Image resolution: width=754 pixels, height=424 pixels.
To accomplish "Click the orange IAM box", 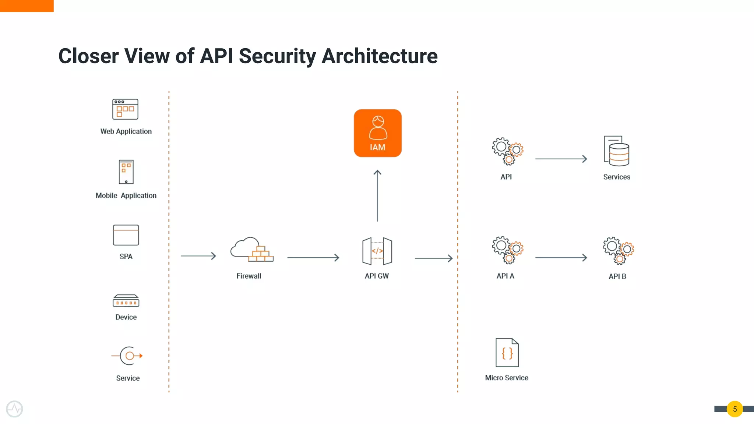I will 377,133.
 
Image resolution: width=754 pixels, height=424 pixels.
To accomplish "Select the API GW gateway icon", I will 377,251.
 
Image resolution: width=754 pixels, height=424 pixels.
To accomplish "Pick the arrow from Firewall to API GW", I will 313,258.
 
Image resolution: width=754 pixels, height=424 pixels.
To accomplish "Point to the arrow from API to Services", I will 561,159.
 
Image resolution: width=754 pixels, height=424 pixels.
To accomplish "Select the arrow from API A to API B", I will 561,258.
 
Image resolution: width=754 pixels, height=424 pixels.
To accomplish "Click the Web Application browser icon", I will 125,109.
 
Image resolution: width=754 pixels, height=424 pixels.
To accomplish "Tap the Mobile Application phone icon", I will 126,172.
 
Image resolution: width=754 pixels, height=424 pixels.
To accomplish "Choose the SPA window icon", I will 126,235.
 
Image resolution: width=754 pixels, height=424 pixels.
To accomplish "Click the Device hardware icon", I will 126,301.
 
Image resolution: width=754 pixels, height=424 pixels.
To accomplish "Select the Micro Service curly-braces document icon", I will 507,353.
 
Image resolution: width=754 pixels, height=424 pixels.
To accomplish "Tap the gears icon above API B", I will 618,250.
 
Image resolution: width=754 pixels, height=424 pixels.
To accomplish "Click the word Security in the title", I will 277,56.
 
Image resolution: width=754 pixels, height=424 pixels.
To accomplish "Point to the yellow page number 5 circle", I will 734,409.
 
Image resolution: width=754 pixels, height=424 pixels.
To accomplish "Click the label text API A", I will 505,276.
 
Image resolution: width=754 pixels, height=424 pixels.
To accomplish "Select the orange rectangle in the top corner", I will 27,6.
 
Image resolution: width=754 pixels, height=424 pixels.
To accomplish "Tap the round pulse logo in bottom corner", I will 14,409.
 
